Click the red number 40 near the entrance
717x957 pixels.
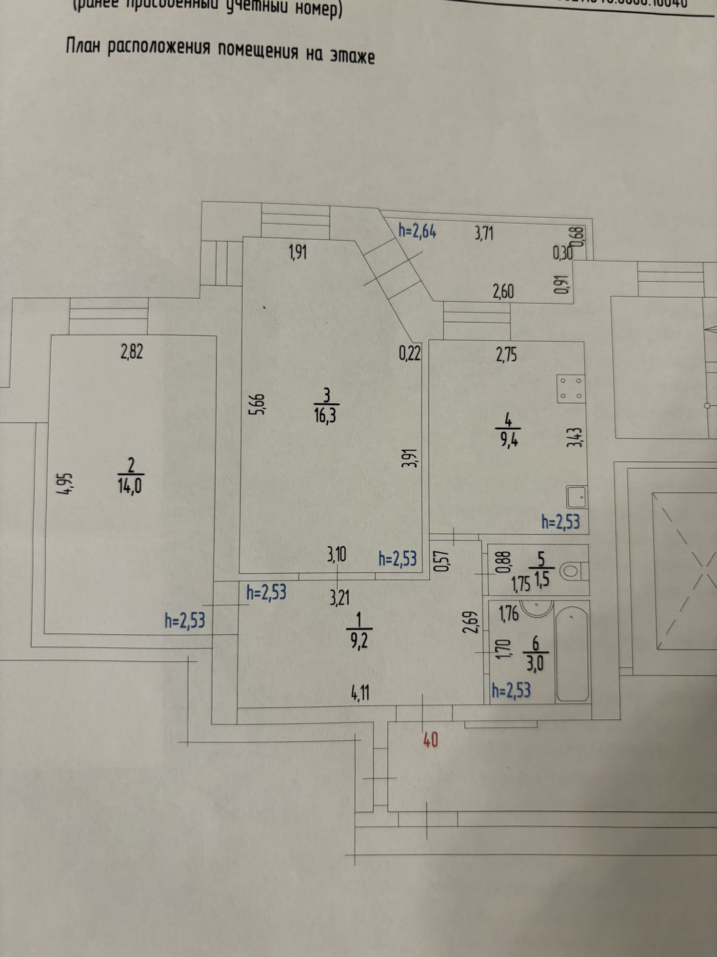(430, 741)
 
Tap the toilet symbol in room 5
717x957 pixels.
(572, 570)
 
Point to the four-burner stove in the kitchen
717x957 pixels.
(571, 389)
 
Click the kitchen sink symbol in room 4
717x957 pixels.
(577, 497)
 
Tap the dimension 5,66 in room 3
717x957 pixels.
(258, 404)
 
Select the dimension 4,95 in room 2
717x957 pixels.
(66, 484)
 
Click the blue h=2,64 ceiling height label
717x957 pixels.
(417, 231)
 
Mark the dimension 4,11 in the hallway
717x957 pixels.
(360, 693)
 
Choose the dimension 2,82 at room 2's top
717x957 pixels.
(132, 352)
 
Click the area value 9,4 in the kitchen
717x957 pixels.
(508, 439)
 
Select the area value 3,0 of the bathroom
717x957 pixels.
(535, 664)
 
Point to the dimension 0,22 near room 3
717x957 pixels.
(410, 353)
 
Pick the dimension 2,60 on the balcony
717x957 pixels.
(503, 291)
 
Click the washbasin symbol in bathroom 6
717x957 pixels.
(536, 607)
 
